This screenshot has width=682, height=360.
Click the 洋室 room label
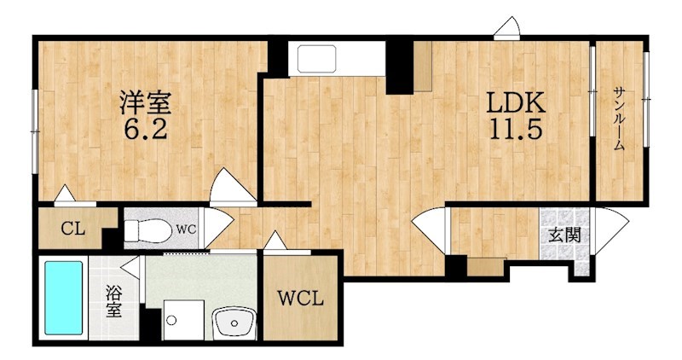click(x=146, y=103)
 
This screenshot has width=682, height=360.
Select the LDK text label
click(x=516, y=103)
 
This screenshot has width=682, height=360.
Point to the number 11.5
click(x=516, y=129)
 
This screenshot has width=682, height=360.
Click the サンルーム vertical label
click(x=619, y=119)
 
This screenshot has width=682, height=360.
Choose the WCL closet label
click(x=301, y=299)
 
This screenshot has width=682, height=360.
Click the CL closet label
click(x=73, y=228)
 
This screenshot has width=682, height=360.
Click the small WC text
click(x=186, y=229)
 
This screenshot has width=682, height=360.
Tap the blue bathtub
click(x=63, y=299)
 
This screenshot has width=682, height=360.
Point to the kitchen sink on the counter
click(x=316, y=58)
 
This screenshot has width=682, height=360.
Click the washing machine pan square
click(x=184, y=320)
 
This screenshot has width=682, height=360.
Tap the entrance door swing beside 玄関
click(x=611, y=230)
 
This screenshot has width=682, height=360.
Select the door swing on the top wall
click(x=507, y=29)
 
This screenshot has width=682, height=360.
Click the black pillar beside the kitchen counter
click(x=399, y=67)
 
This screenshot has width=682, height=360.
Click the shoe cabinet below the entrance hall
click(x=487, y=267)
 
